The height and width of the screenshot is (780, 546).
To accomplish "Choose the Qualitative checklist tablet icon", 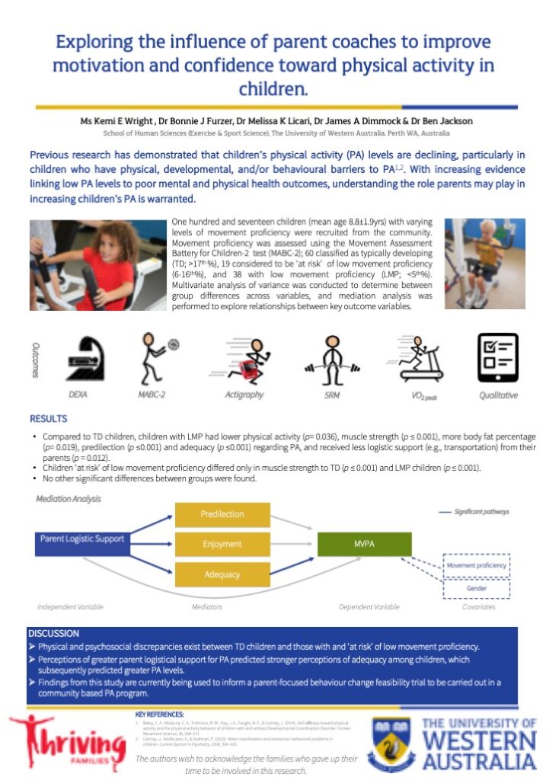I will click(x=497, y=357).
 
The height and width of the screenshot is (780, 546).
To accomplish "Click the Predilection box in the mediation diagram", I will click(x=222, y=514).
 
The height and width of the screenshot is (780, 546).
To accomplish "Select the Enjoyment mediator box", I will click(x=222, y=543).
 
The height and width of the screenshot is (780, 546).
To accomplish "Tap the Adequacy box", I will click(x=222, y=573).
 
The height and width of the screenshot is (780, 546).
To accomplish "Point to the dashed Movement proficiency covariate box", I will click(x=477, y=566).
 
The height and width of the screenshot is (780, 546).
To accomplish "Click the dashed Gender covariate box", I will click(x=477, y=588).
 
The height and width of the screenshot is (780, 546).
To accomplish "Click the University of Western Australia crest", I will click(x=391, y=743).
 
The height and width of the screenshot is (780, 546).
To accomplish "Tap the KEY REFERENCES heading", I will click(x=159, y=714).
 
